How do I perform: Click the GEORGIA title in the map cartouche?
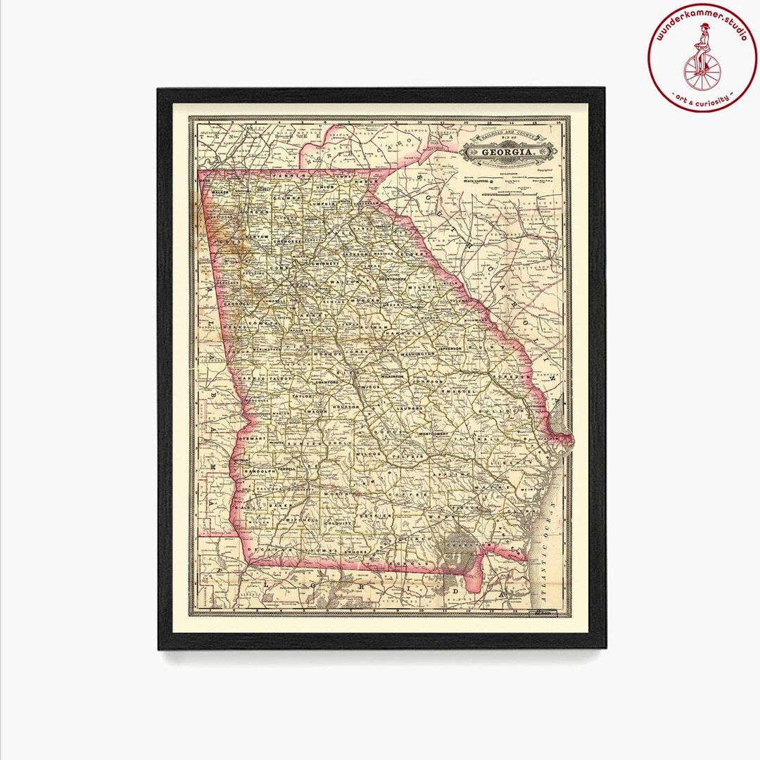coord(506,152)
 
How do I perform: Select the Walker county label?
coord(221,191)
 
